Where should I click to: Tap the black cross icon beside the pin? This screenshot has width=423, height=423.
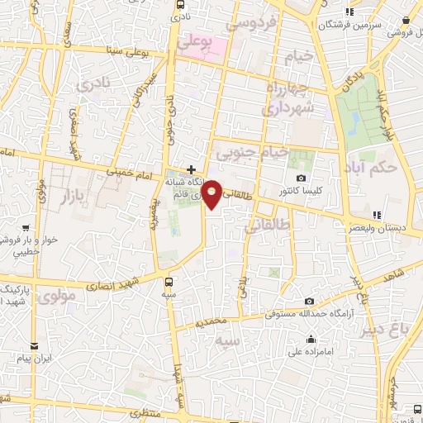point(192,169)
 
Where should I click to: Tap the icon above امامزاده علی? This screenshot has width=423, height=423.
point(311,339)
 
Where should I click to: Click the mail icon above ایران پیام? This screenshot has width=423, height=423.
point(34,345)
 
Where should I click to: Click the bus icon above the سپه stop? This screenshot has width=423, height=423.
point(169,281)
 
